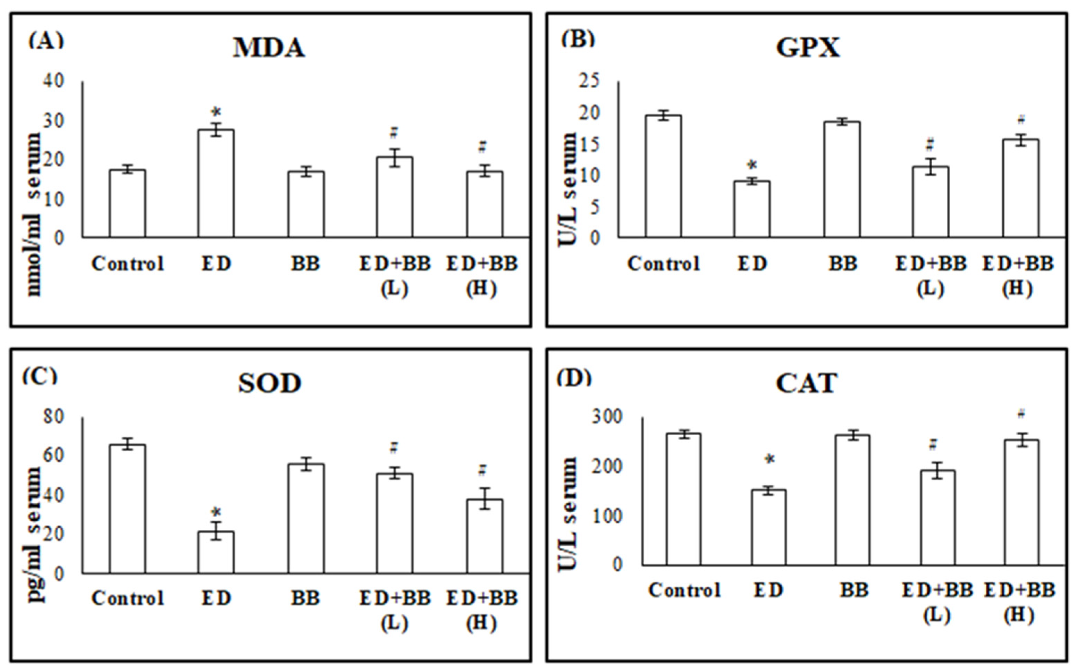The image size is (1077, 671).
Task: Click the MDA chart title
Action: tap(269, 48)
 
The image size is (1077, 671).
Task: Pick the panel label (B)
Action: tap(577, 40)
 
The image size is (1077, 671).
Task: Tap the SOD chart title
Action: tap(269, 384)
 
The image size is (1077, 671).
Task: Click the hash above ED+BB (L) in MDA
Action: tap(394, 132)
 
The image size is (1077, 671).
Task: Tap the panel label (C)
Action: tap(40, 376)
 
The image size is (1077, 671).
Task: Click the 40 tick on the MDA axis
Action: tap(53, 81)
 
